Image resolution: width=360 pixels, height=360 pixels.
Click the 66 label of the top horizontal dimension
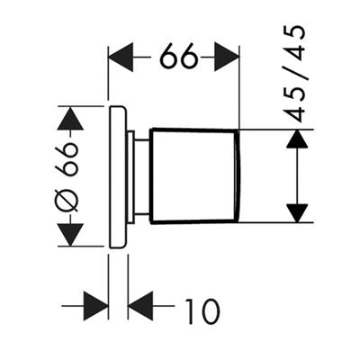pos(179,56)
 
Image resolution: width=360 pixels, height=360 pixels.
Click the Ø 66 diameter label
pos(67,176)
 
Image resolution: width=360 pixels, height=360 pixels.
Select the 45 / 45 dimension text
pos(294,74)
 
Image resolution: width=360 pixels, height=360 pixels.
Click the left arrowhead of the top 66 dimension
pos(121,57)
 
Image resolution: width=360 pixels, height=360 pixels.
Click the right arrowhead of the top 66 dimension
pos(227,57)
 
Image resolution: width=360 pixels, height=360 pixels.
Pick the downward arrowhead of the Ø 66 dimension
pos(70,235)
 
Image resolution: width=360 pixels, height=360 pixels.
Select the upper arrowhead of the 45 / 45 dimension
pos(297,139)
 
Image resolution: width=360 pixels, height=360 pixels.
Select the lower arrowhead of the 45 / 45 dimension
pos(297,213)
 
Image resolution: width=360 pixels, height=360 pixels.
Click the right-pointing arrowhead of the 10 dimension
pos(95,306)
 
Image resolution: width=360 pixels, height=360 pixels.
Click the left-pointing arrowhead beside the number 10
pos(140,306)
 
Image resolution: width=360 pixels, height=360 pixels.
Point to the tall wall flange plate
pos(118,177)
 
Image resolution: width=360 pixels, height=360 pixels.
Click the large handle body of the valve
pos(194,176)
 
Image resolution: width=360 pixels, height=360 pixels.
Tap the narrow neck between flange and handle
pos(141,176)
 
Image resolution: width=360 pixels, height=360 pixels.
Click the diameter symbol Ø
pos(67,201)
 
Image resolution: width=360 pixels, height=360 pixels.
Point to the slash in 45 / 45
pos(295,74)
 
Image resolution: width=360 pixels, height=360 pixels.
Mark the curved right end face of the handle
pos(238,176)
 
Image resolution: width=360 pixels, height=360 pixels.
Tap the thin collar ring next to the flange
pos(130,176)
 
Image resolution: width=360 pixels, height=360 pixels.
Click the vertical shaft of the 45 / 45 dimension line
pos(297,176)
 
